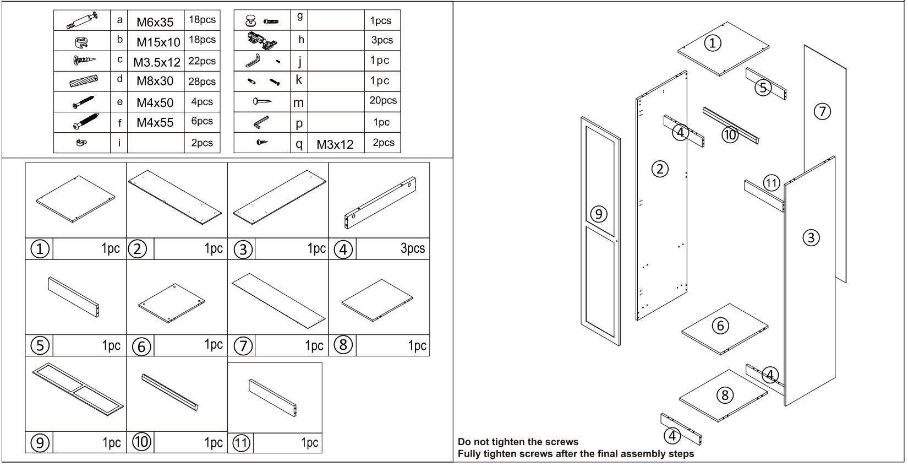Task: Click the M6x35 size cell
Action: tap(155, 22)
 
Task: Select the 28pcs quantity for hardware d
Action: tap(202, 82)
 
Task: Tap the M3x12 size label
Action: tap(335, 144)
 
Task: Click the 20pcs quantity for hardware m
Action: tap(382, 100)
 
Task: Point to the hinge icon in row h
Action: tap(262, 41)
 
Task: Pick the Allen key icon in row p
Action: tap(261, 122)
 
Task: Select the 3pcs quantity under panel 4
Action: tap(413, 248)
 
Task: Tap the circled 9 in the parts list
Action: tap(40, 442)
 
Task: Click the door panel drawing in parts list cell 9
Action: tap(78, 389)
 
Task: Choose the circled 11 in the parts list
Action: tap(241, 443)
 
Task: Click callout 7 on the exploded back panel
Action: tap(823, 111)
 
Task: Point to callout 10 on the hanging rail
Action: tap(730, 134)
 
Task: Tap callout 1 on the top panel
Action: tap(713, 43)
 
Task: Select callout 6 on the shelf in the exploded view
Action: tap(720, 326)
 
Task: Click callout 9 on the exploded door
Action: tap(599, 214)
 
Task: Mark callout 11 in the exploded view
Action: tap(772, 183)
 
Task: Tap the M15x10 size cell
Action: tap(158, 42)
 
